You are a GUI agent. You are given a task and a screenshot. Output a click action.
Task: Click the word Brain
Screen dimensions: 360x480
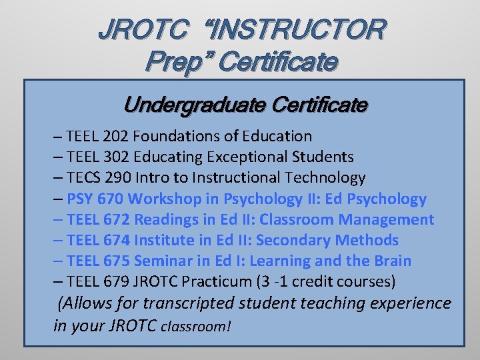(391, 261)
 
